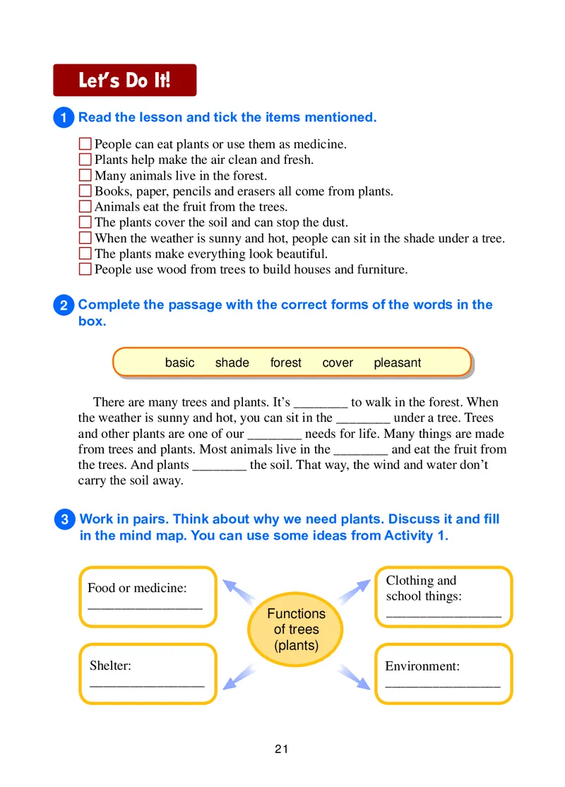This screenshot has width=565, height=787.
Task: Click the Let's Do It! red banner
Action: pos(124,80)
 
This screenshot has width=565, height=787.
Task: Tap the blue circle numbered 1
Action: pos(64,118)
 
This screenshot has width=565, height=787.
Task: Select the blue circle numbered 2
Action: pos(64,305)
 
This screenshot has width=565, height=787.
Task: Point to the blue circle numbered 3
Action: pos(64,520)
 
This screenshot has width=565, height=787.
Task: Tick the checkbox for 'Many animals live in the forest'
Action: pos(85,176)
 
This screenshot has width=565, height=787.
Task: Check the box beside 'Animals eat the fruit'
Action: pos(85,207)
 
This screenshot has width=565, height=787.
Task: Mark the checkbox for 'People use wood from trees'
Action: pos(85,269)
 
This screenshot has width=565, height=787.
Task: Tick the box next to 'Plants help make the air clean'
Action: pos(85,160)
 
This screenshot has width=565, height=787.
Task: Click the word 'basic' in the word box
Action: pos(179,362)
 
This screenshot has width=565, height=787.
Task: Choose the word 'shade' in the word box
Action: pos(232,362)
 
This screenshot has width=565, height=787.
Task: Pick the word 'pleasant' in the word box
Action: pos(397,362)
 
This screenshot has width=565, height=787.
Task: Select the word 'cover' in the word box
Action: pos(337,362)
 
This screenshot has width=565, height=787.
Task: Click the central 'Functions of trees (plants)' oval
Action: pos(296,629)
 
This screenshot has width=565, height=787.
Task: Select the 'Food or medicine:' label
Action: pos(137,588)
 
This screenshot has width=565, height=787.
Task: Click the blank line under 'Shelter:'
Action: pos(147,684)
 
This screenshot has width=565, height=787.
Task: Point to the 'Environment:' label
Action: pos(422,666)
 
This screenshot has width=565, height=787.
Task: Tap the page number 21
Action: pos(282,750)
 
